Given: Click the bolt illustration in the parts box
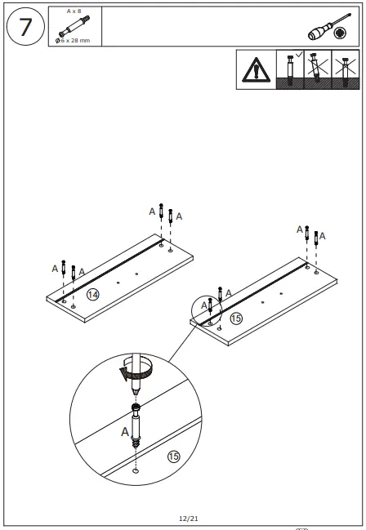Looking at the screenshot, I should (74, 26).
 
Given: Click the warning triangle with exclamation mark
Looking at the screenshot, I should (256, 72).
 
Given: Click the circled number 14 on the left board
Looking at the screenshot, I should (93, 294).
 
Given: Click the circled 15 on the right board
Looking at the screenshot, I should (236, 318).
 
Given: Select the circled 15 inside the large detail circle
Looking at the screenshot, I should (173, 456).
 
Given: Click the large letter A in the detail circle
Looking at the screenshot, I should (125, 431).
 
